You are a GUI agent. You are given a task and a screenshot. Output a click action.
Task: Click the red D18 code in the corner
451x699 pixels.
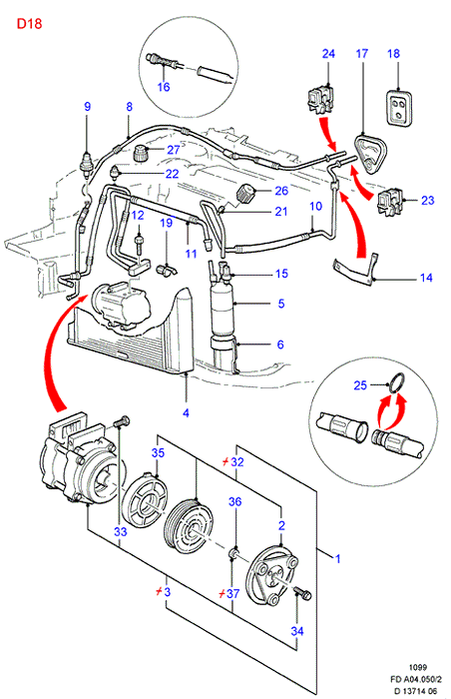[29, 23]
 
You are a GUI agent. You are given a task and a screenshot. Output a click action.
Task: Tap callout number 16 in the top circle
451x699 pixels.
[164, 86]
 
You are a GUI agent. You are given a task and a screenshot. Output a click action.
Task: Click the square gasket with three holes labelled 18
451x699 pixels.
[398, 107]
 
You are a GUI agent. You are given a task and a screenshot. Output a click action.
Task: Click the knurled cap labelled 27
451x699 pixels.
[142, 154]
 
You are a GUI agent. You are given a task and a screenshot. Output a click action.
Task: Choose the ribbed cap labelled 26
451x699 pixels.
[246, 195]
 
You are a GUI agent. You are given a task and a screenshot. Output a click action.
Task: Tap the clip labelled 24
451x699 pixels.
[321, 100]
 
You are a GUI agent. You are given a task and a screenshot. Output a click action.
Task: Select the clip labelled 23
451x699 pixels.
[390, 200]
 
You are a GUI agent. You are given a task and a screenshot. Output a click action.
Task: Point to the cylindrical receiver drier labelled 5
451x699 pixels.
[224, 316]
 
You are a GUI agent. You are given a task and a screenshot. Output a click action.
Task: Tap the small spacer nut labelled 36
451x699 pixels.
[233, 553]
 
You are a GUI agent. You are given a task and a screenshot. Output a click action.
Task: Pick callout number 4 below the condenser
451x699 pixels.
[186, 412]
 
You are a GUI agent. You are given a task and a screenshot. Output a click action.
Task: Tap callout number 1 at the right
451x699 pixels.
[338, 558]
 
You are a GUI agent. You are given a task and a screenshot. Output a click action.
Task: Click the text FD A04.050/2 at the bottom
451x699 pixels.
[416, 680]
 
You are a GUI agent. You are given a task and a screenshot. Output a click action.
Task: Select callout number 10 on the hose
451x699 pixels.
[315, 206]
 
